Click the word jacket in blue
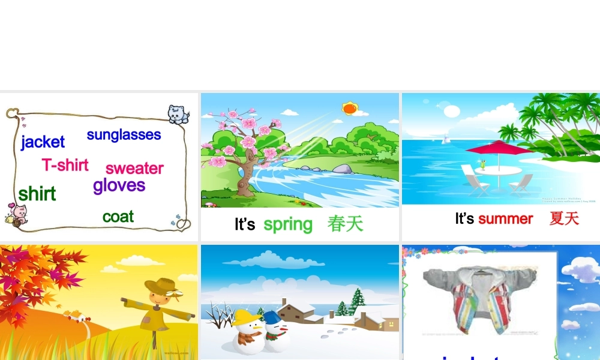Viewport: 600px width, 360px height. [43, 142]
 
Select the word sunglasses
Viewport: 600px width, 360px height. [124, 135]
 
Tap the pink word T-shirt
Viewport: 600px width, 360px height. [65, 165]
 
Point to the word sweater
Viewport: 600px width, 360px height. [134, 169]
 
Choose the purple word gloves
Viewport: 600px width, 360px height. [119, 185]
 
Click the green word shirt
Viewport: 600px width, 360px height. [37, 194]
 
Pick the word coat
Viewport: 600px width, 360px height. [118, 217]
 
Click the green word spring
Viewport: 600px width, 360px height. [288, 224]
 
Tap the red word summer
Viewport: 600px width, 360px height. [505, 219]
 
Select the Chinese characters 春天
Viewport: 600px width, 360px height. [346, 224]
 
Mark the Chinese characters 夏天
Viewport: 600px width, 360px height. [564, 218]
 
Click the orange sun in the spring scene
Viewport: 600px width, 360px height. [349, 109]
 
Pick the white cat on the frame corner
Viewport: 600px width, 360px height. [178, 113]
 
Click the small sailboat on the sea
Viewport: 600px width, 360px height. [446, 139]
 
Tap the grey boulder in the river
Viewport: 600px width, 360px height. [342, 169]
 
